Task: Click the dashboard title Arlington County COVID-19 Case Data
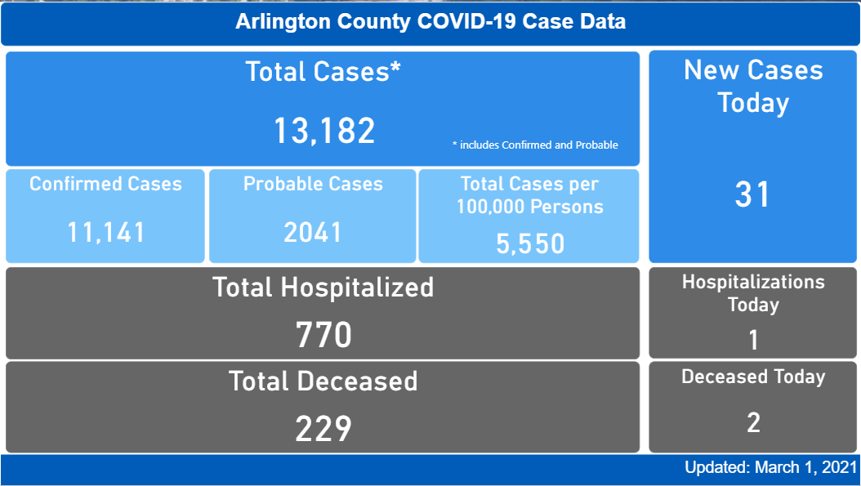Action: tap(430, 21)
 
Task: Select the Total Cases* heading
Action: tap(323, 72)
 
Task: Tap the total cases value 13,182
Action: tap(323, 131)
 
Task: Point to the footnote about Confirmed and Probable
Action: tap(535, 145)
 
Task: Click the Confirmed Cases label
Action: tap(105, 184)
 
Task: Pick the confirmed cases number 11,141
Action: tap(105, 233)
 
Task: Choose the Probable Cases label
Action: tap(313, 184)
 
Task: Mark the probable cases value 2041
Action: tap(313, 233)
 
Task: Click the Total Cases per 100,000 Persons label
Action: tap(529, 195)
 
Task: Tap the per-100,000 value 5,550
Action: tap(529, 243)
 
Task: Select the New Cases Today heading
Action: tap(753, 87)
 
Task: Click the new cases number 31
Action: tap(753, 194)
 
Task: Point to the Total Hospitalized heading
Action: tap(323, 288)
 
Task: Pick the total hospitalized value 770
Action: tap(323, 335)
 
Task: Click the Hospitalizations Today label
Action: tap(753, 293)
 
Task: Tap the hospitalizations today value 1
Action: tap(753, 340)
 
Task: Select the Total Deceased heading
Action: tap(323, 381)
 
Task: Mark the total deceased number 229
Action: tap(323, 428)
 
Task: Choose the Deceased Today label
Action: tap(753, 377)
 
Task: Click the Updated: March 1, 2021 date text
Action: tap(770, 468)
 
